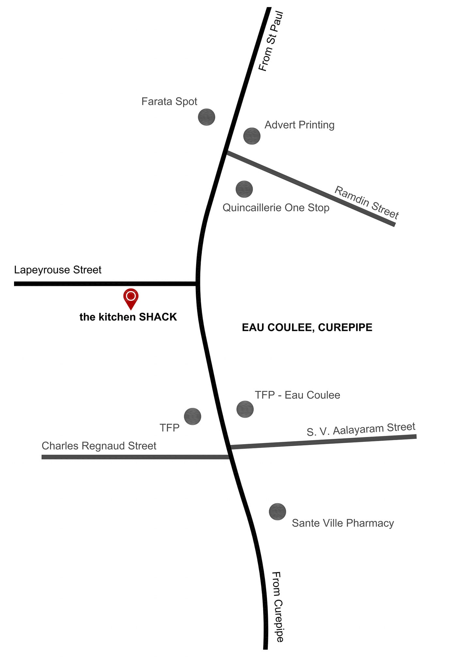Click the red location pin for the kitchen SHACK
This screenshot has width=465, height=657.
[131, 298]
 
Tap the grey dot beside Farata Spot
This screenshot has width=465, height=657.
[207, 117]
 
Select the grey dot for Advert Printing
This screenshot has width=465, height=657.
[252, 136]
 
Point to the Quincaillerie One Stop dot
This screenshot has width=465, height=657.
[244, 189]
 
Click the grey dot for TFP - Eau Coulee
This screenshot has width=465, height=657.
[245, 409]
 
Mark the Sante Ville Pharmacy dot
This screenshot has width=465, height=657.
[277, 512]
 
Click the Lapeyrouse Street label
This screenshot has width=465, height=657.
[58, 270]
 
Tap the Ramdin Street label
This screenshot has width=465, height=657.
[367, 202]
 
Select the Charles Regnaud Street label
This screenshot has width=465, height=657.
[99, 446]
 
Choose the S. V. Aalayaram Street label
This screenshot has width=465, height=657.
[361, 429]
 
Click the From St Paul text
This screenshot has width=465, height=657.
[271, 41]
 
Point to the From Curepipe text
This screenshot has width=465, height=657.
[278, 607]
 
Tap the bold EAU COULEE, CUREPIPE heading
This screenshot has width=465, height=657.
[307, 327]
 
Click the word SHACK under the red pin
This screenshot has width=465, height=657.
[158, 317]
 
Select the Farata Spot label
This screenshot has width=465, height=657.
[169, 101]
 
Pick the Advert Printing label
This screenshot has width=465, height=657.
[300, 125]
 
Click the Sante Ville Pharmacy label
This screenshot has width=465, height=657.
[343, 523]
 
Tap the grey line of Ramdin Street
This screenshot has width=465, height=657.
[311, 188]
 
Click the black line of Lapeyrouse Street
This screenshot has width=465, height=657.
[105, 284]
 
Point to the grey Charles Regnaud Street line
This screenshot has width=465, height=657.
[136, 457]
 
